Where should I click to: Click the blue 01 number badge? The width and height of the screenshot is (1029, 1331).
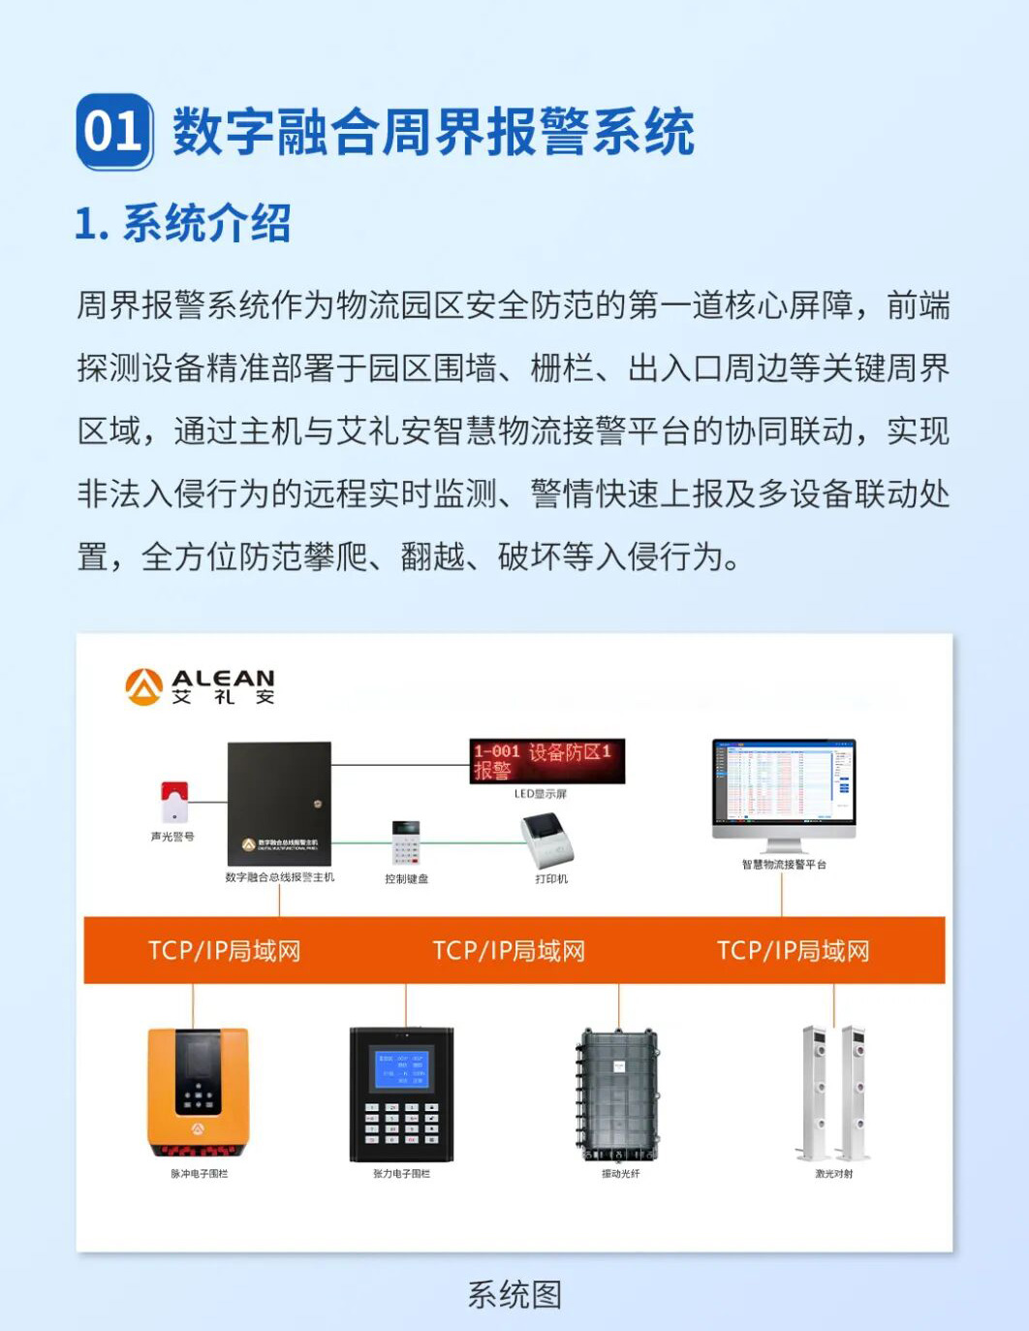114,132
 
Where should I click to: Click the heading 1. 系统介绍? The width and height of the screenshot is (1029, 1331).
182,224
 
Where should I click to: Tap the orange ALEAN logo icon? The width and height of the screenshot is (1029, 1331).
143,686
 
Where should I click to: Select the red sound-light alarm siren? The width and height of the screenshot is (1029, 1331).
174,802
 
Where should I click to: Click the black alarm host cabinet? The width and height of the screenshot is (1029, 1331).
279,803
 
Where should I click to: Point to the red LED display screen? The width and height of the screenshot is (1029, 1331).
546,761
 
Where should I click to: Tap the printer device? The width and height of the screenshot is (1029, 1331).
548,840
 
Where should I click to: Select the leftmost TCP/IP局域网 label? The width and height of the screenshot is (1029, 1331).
224,951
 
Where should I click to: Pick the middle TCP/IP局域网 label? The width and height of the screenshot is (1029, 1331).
509,951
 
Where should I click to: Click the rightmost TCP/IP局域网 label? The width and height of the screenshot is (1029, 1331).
793,951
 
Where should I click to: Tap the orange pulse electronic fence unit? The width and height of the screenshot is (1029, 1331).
198,1092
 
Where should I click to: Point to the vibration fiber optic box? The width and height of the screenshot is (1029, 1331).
619,1094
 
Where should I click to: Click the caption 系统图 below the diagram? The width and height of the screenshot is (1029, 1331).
514,1294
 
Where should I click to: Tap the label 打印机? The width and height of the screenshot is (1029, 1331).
551,879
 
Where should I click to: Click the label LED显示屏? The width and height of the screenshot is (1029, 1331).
541,794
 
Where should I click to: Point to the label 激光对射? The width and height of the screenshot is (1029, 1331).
833,1174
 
